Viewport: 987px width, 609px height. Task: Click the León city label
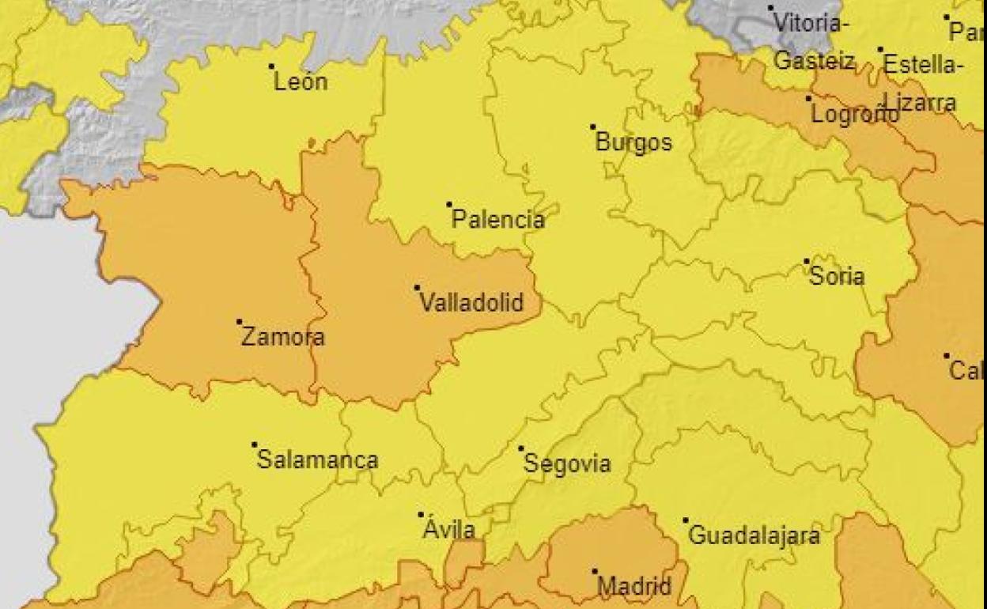(301, 81)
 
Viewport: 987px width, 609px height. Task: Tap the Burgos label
(633, 142)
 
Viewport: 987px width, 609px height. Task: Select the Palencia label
(497, 220)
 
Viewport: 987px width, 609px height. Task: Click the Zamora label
(282, 337)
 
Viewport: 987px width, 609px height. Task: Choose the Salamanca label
(317, 460)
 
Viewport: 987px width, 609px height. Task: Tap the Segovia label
(567, 463)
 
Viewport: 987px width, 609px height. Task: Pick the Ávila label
(448, 529)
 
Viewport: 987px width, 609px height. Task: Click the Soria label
(837, 277)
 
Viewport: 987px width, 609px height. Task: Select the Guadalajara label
(754, 535)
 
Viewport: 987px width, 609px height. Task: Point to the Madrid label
(633, 586)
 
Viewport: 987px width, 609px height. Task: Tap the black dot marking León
(271, 66)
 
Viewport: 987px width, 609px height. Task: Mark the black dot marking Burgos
(592, 127)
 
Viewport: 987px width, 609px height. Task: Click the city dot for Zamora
(239, 322)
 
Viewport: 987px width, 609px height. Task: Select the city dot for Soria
(807, 261)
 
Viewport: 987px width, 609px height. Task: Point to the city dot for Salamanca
(254, 444)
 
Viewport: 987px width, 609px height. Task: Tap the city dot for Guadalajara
(685, 520)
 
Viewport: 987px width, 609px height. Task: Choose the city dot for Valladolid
(417, 287)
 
